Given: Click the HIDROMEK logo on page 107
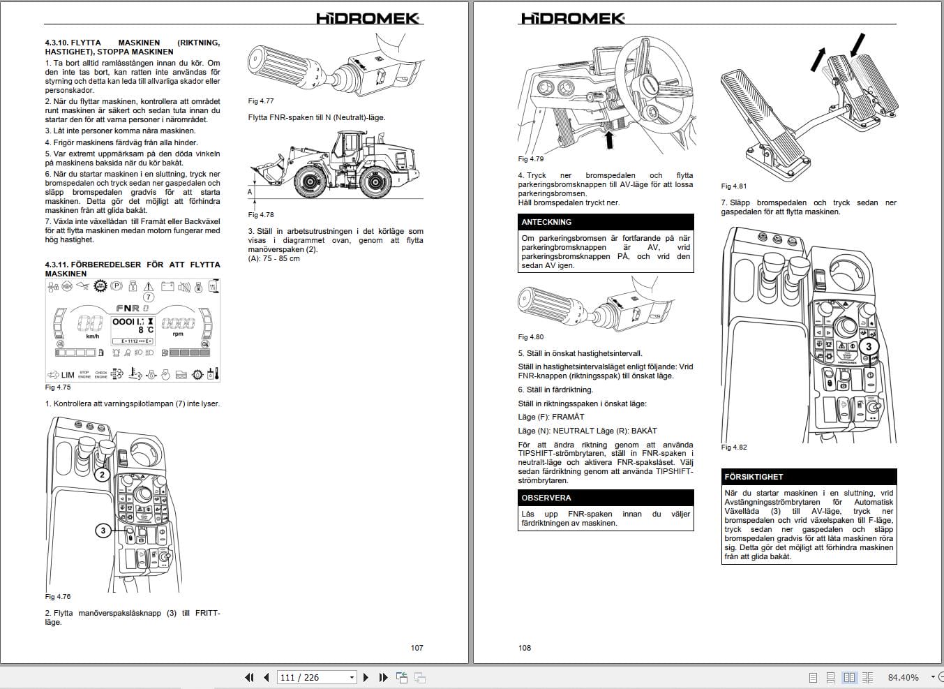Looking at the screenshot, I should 368,18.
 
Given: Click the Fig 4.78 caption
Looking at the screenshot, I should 261,215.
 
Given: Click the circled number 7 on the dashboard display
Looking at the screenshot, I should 149,297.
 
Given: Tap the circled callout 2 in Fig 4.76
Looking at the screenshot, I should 102,475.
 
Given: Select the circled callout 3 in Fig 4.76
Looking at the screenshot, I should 103,531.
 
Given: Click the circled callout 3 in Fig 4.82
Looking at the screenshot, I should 869,346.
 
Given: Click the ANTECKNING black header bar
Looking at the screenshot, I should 606,222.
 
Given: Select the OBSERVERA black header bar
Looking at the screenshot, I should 606,498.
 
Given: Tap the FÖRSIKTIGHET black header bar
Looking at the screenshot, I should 809,477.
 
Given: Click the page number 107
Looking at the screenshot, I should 417,648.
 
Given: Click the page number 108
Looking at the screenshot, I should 525,648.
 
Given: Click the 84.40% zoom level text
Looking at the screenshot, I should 904,677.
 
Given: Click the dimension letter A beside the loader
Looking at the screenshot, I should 250,192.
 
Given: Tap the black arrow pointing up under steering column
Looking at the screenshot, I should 609,140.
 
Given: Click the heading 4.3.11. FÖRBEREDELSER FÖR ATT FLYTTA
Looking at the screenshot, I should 133,269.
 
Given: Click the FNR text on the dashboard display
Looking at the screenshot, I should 128,308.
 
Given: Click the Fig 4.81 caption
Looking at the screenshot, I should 733,186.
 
